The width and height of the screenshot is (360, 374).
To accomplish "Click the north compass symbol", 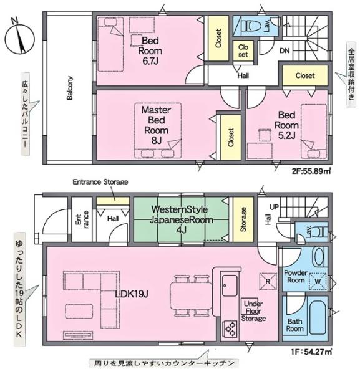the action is (19, 38).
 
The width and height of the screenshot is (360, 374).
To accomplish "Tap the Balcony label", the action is (69, 88).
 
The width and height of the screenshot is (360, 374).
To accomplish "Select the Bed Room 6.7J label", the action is (150, 51).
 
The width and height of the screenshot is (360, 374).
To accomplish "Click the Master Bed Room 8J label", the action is (157, 125).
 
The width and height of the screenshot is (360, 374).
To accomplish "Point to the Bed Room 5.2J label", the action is (287, 125).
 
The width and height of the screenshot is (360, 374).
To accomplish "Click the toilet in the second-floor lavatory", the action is (251, 26).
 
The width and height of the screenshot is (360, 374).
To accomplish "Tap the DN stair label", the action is (285, 50).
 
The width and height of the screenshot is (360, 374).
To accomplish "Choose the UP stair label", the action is (274, 207).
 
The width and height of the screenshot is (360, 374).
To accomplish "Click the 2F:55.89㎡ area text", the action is (311, 171).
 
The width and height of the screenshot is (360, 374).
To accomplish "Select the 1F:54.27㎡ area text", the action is (311, 352).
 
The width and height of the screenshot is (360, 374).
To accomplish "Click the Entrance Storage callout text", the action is (100, 182).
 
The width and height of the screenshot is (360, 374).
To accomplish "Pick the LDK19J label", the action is (132, 294).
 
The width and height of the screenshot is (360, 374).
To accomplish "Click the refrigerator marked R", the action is (268, 282).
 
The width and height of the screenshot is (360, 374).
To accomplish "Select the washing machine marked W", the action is (318, 282).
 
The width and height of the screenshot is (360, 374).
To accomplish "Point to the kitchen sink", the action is (230, 285).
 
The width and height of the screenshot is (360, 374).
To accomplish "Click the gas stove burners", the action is (230, 330).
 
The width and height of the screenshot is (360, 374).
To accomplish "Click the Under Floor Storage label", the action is (253, 311).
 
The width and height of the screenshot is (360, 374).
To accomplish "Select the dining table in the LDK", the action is (191, 296).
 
